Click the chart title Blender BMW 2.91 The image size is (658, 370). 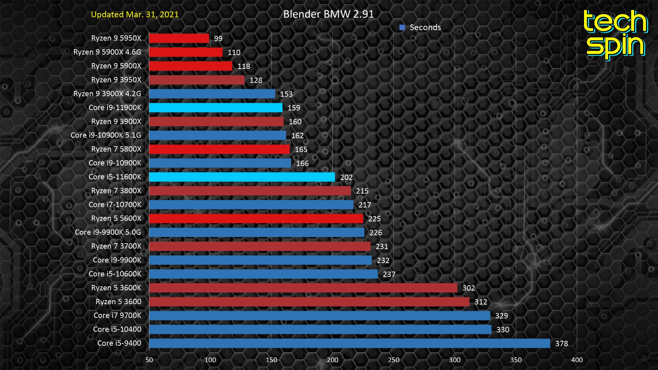[x=328, y=14]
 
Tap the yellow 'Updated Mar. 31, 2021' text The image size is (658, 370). [x=135, y=15]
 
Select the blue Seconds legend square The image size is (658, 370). [x=402, y=27]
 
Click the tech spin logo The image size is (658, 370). [x=615, y=34]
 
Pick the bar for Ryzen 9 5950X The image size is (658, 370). [x=179, y=38]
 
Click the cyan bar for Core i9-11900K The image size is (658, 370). [x=216, y=108]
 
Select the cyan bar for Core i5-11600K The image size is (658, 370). [x=242, y=177]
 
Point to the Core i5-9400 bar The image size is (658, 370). [x=350, y=343]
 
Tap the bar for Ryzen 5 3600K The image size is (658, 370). [x=303, y=288]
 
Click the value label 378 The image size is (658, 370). [x=561, y=344]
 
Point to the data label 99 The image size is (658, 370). [x=218, y=39]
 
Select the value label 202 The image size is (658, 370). [x=346, y=177]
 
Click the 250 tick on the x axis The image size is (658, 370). [x=393, y=360]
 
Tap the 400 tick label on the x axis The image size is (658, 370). [x=577, y=360]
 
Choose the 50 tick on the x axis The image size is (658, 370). [x=149, y=360]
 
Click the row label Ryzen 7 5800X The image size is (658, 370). [x=116, y=149]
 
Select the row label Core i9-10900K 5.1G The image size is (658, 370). [x=106, y=135]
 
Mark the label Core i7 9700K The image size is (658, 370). [x=117, y=316]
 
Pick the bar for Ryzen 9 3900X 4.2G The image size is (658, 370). [x=212, y=94]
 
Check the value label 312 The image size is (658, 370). [x=480, y=302]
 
